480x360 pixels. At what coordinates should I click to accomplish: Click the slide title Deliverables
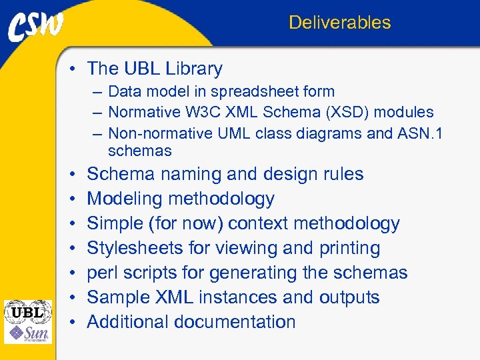(x=339, y=23)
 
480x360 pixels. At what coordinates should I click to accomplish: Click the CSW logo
(x=37, y=26)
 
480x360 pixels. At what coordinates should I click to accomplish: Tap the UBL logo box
(x=27, y=311)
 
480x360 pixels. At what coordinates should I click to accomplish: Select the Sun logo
(x=27, y=333)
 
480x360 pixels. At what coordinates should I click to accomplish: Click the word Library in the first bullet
(x=194, y=69)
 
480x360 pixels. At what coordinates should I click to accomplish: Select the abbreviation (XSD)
(x=345, y=112)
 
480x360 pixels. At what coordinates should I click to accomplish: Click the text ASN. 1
(x=419, y=133)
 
